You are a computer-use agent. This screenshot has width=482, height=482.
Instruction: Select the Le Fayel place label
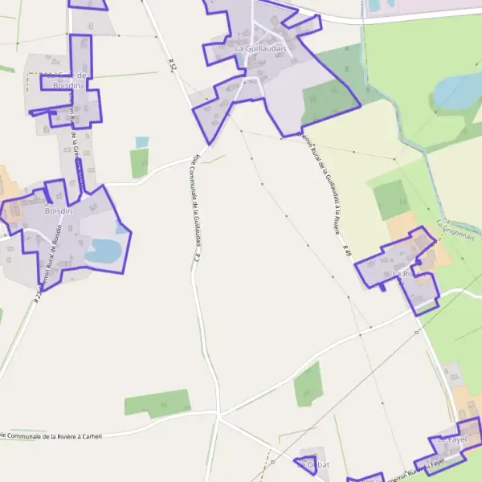pyautogui.click(x=453, y=440)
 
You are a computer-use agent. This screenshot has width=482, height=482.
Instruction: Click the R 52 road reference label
pyautogui.click(x=172, y=65)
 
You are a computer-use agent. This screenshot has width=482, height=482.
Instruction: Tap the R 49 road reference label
pyautogui.click(x=348, y=251)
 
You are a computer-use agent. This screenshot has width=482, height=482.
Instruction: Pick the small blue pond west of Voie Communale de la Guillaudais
pyautogui.click(x=142, y=142)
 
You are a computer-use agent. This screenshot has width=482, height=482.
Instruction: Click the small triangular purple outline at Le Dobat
pyautogui.click(x=306, y=464)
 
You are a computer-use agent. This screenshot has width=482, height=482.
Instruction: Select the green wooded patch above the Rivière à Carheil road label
pyautogui.click(x=157, y=402)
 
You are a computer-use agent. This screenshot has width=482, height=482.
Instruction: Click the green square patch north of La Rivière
pyautogui.click(x=391, y=198)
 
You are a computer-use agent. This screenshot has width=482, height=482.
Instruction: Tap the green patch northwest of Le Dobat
pyautogui.click(x=308, y=385)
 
